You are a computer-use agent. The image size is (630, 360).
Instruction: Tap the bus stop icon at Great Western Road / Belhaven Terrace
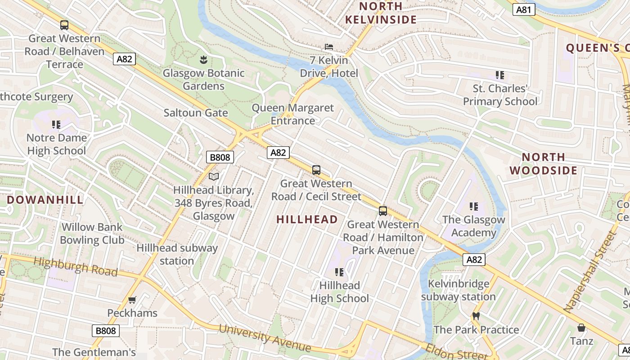point(64,25)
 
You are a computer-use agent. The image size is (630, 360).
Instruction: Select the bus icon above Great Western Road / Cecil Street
point(316,170)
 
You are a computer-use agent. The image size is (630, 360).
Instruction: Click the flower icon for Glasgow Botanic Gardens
point(203,59)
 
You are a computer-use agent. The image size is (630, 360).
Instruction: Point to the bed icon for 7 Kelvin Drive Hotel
point(329,47)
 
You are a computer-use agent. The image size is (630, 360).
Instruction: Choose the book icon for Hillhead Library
point(214,176)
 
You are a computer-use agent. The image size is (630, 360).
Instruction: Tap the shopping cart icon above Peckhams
point(132,300)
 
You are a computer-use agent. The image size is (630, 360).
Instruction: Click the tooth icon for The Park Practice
point(476,316)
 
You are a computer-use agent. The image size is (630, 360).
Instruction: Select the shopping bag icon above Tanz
point(581,328)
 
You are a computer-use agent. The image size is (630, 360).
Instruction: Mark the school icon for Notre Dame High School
point(56,124)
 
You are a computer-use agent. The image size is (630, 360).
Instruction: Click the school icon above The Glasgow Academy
point(473,207)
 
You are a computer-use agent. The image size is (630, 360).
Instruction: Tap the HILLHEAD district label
point(307,220)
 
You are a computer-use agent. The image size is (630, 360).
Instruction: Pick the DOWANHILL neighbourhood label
point(45,200)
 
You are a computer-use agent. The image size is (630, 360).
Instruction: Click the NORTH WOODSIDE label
point(544,164)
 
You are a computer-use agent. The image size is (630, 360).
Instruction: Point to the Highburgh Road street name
point(75,266)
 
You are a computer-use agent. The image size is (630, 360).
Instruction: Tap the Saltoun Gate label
point(196,112)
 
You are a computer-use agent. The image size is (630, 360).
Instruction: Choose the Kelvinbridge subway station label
point(458,290)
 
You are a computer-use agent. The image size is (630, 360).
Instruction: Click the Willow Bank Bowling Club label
point(92,234)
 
